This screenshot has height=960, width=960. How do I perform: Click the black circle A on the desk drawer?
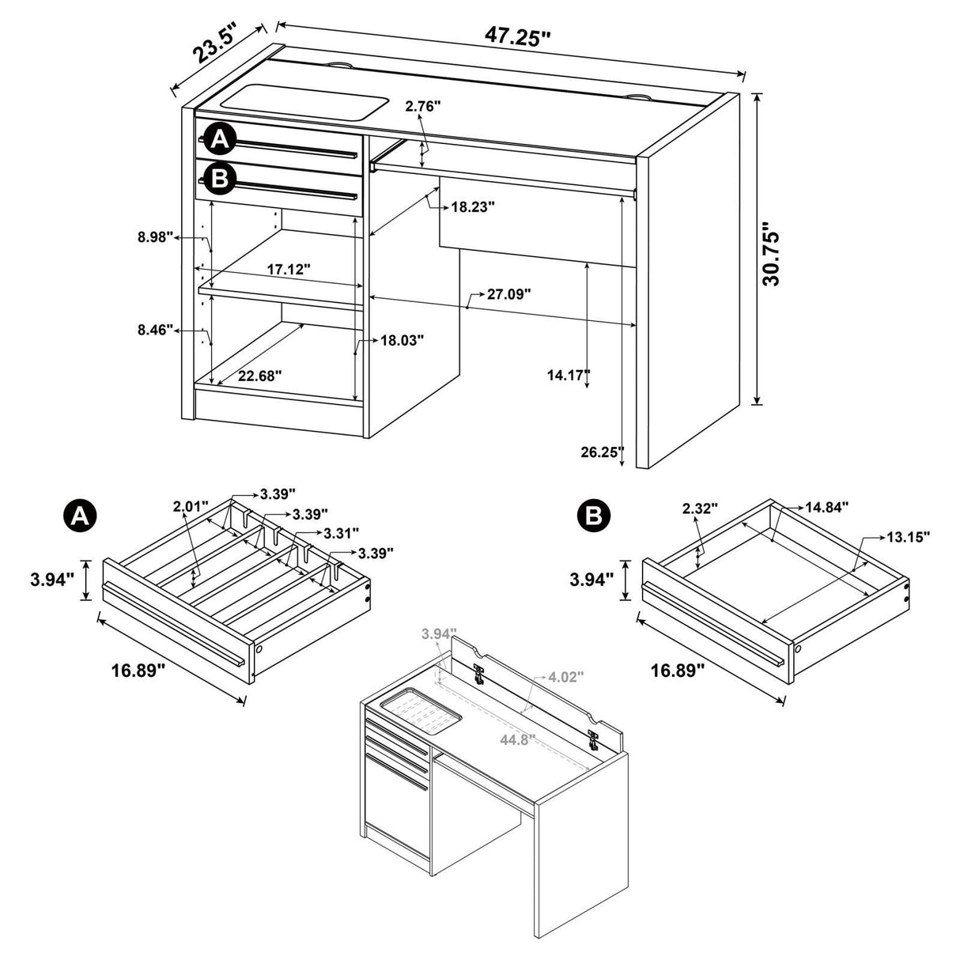[219, 140]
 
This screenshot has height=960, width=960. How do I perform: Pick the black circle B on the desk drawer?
[219, 179]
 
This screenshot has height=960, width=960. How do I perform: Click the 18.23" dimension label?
[472, 207]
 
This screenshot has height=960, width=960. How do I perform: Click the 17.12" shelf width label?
[288, 270]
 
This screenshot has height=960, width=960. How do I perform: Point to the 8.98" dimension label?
[154, 236]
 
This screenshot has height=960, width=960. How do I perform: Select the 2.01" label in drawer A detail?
[191, 505]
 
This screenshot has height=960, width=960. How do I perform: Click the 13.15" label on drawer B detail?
[907, 537]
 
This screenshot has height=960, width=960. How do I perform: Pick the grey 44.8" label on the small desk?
[517, 739]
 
